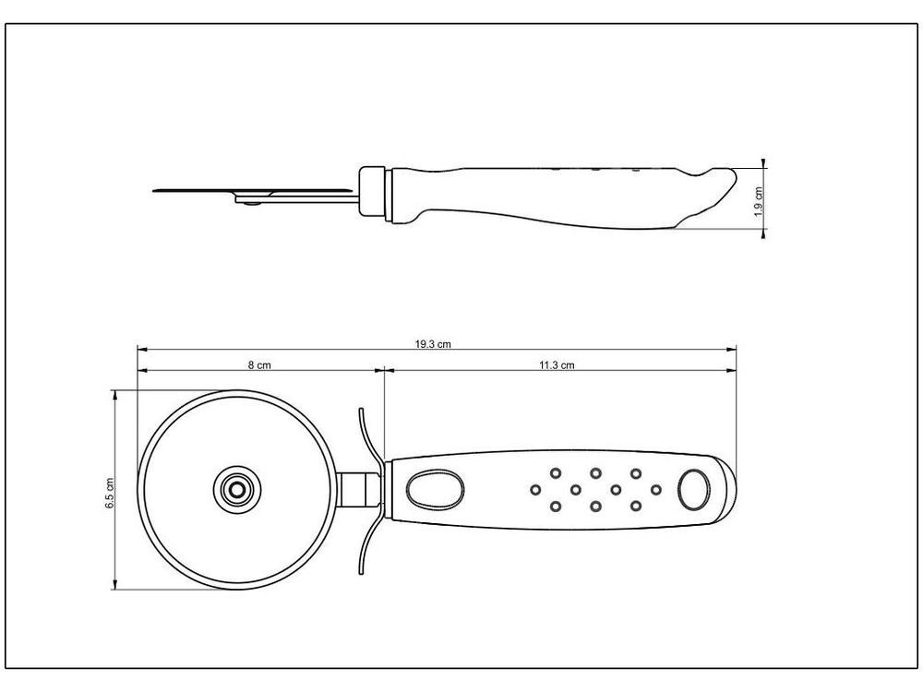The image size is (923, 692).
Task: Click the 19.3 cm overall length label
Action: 432,343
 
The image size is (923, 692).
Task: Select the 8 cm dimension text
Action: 258,365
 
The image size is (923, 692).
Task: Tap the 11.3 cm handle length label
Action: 557,365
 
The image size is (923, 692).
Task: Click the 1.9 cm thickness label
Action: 759,200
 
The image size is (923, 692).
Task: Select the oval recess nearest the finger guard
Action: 430,489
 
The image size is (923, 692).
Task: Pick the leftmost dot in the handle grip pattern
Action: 535,489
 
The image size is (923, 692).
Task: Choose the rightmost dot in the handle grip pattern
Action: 656,489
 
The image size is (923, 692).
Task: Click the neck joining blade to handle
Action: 361,488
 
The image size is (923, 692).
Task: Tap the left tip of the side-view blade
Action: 154,192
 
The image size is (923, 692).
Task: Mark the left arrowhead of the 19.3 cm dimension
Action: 140,349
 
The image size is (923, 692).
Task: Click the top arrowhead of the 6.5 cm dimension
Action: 115,392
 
